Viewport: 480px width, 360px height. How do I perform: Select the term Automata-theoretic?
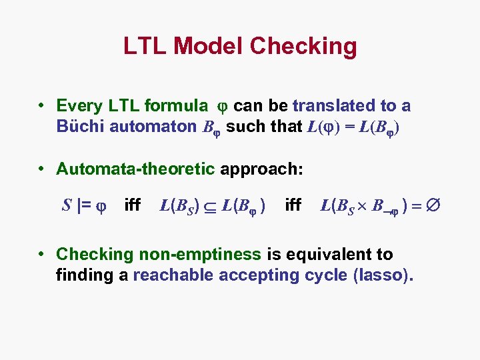(x=135, y=169)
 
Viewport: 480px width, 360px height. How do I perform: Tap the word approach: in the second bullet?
(x=261, y=169)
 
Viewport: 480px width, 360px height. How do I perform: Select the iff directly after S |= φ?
(x=133, y=205)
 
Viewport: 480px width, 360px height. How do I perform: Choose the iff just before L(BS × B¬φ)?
(x=293, y=205)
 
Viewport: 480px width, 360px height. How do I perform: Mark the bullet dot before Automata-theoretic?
(x=42, y=169)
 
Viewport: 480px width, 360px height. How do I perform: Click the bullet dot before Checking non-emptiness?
(x=42, y=254)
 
